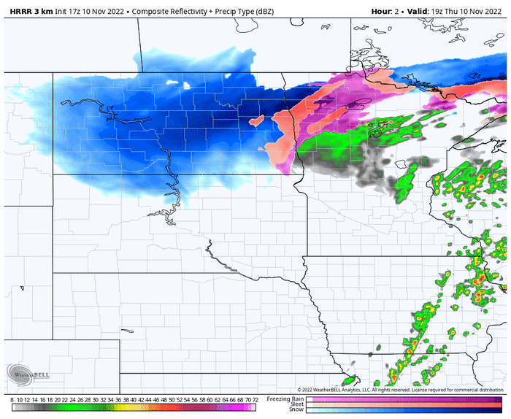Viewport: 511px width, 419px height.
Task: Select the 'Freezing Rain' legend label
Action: [285, 399]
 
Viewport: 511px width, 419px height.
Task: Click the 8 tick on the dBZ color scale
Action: [12, 401]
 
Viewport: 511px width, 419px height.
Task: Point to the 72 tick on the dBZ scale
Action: [254, 401]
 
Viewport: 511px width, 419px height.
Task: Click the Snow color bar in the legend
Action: [405, 410]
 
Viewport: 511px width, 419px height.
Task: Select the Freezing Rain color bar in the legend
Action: [405, 399]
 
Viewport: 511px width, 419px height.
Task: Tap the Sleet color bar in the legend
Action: [405, 404]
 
